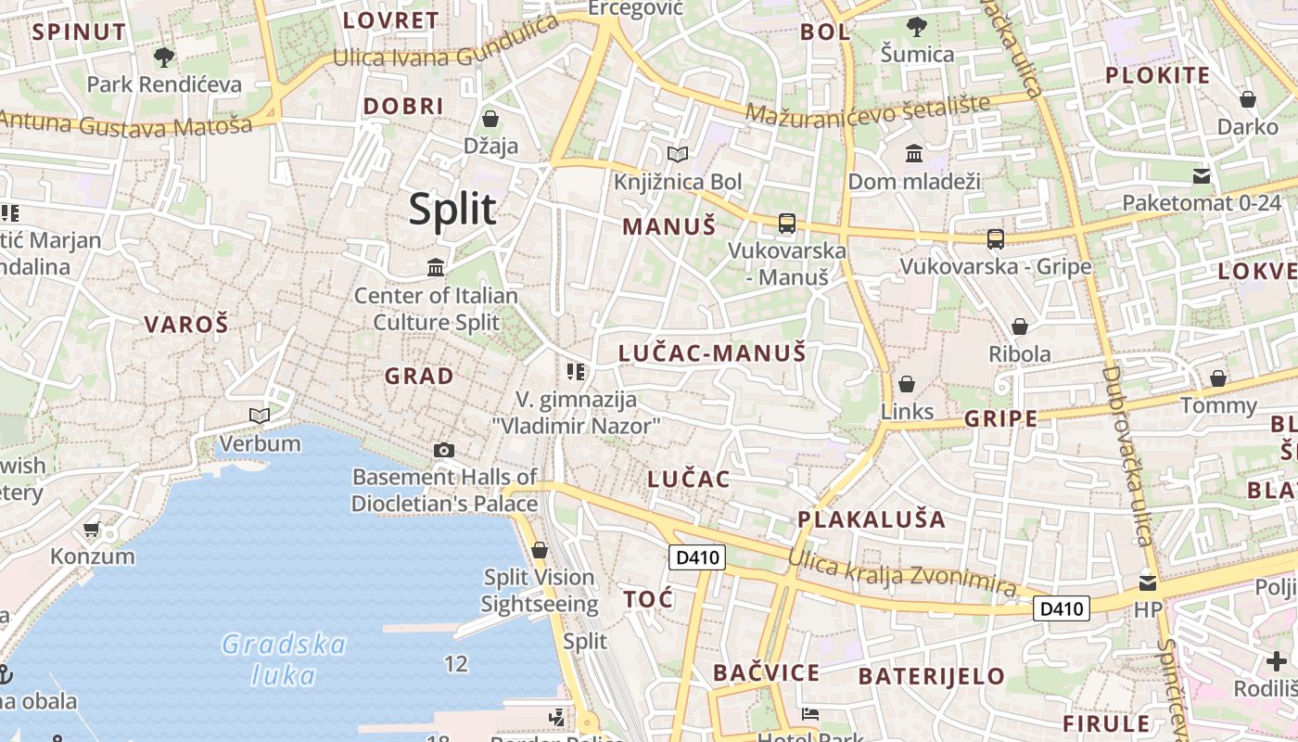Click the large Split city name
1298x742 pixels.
452,210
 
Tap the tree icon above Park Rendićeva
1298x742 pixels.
164,58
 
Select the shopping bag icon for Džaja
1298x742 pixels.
490,119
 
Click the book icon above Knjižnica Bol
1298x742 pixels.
678,154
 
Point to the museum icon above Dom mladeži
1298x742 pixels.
914,153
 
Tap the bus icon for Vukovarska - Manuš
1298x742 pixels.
786,223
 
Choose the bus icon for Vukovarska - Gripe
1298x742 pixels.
996,239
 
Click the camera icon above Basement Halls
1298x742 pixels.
444,450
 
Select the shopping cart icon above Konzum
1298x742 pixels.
91,530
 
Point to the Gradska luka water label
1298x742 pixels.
284,659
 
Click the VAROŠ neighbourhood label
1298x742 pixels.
186,325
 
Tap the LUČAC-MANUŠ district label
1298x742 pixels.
712,352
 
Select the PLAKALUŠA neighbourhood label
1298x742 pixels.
872,519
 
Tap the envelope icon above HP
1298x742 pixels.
1148,583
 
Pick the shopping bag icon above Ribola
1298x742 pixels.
1020,326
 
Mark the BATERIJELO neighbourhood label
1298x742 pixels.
931,676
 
